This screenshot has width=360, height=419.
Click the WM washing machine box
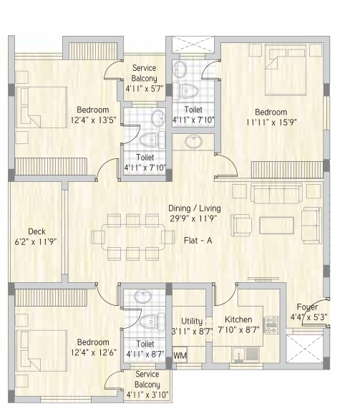(x=180, y=355)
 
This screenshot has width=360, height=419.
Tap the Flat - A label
(x=198, y=241)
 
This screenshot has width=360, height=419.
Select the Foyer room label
(x=307, y=307)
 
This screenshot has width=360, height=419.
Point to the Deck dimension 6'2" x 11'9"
(x=36, y=242)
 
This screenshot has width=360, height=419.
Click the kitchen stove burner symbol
(x=271, y=325)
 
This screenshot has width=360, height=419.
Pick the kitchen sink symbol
(x=245, y=355)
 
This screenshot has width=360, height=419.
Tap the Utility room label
(x=192, y=321)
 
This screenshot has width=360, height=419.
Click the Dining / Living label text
(x=195, y=208)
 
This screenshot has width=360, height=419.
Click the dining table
(x=133, y=237)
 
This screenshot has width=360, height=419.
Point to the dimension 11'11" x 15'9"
(x=271, y=122)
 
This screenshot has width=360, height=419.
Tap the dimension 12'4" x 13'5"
(x=94, y=120)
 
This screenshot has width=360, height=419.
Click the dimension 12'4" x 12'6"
(x=94, y=352)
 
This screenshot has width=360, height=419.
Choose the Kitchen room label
(x=238, y=319)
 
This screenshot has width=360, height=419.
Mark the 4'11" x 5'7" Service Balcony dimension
(x=144, y=88)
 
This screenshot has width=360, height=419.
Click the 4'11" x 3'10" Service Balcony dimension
(x=147, y=395)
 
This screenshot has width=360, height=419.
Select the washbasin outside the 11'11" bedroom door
(x=194, y=141)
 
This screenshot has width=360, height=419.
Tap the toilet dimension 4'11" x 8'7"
(x=145, y=355)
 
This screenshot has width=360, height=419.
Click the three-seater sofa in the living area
(x=276, y=193)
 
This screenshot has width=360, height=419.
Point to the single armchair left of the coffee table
(x=241, y=226)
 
